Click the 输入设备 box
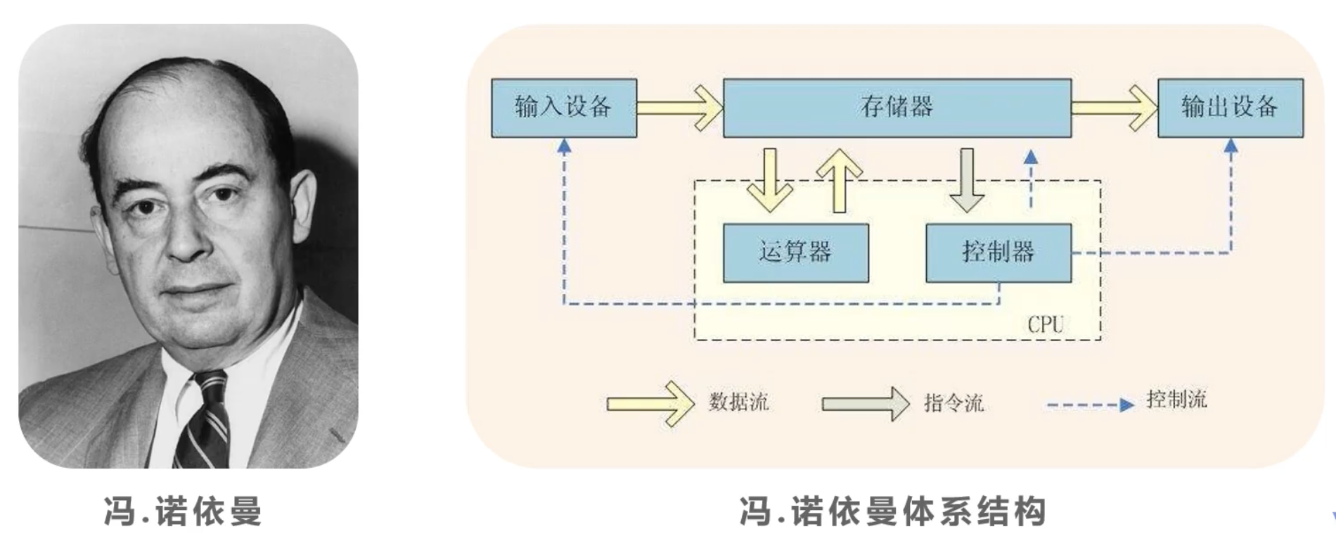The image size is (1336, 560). [564, 108]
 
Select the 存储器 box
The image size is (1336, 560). [897, 108]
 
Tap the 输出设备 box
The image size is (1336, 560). [1230, 108]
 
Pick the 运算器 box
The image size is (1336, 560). [795, 253]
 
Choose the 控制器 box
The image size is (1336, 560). [998, 253]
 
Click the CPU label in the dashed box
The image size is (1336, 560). [1045, 324]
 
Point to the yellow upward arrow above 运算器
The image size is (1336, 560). [839, 179]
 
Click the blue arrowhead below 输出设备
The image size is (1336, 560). [1231, 146]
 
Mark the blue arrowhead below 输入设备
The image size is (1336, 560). [564, 146]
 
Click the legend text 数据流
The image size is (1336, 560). [738, 402]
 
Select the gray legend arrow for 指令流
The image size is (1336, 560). [866, 403]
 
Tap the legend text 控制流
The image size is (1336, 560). [1176, 400]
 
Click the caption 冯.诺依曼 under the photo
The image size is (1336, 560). [183, 511]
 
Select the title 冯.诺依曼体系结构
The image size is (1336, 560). [892, 511]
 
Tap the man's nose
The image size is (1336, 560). [184, 232]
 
